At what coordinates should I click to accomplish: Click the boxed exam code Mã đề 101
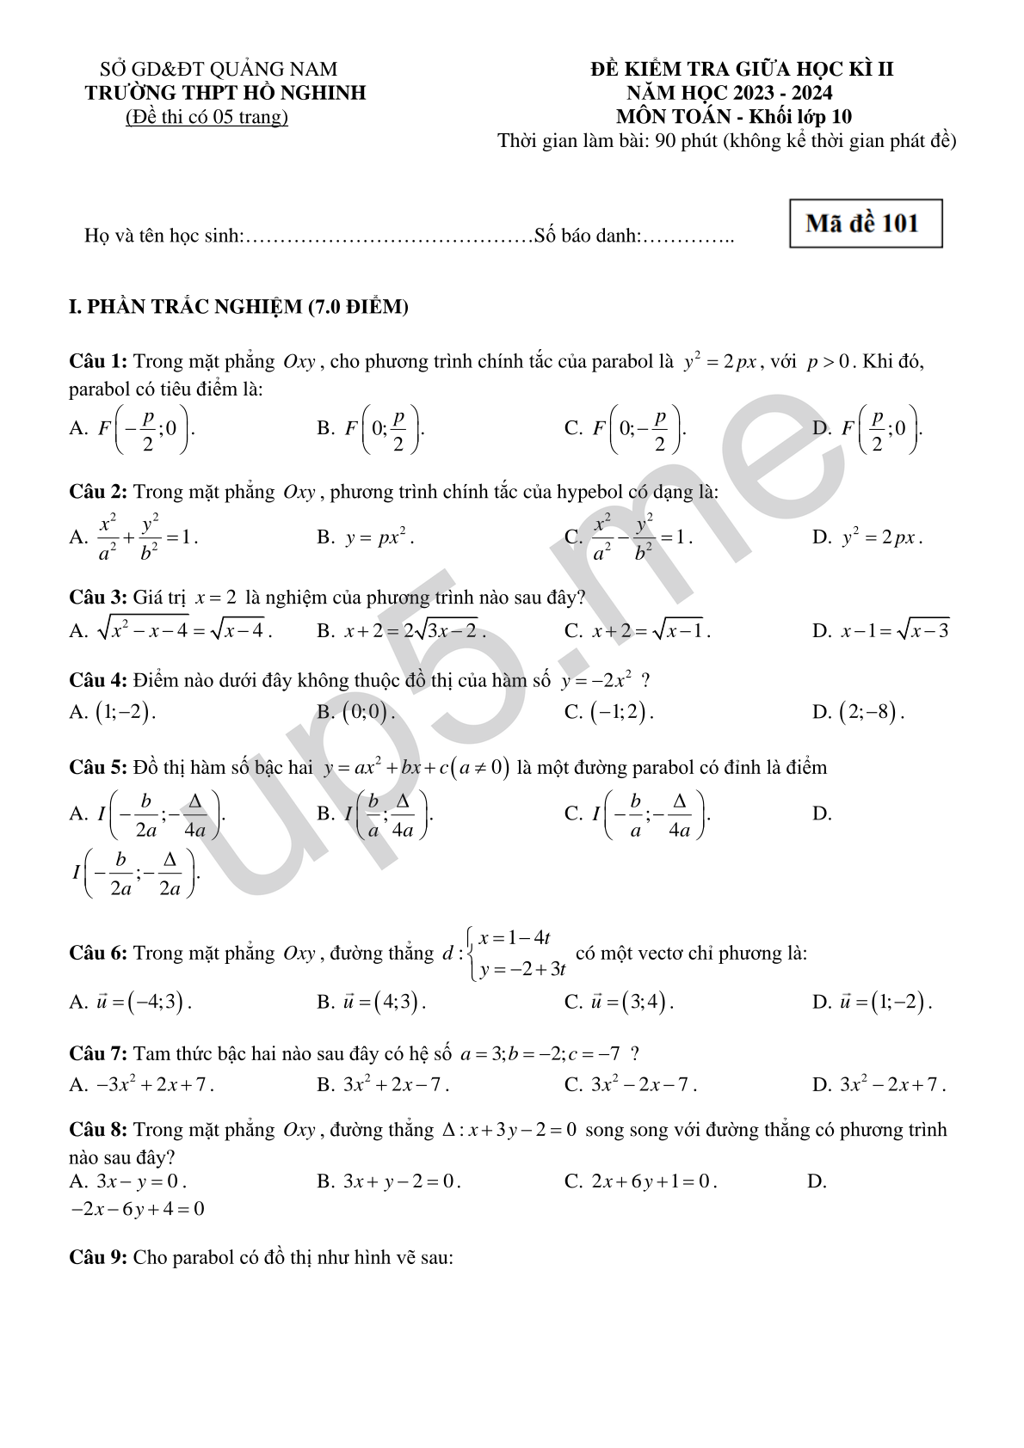tap(865, 224)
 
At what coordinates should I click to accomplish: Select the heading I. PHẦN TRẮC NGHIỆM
tap(238, 307)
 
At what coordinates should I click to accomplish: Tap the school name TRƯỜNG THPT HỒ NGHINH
tap(225, 93)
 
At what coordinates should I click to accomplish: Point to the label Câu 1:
tap(98, 361)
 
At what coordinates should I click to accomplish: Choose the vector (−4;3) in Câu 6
tap(143, 1003)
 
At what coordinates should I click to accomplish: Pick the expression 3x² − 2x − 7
tap(642, 1085)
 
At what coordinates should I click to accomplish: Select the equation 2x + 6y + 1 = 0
tap(653, 1181)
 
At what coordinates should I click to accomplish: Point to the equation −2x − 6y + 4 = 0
tap(138, 1209)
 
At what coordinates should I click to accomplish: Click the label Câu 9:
tap(98, 1257)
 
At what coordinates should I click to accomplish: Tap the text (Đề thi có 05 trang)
tap(207, 117)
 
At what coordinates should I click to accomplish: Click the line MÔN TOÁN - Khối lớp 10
tap(733, 117)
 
